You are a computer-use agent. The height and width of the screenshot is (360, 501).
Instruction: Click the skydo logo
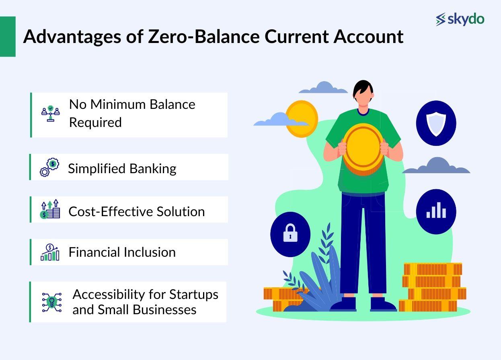[x=460, y=19]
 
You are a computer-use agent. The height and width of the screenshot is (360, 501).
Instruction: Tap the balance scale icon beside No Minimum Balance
[x=51, y=113]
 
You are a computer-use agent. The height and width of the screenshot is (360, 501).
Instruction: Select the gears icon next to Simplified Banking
[x=49, y=168]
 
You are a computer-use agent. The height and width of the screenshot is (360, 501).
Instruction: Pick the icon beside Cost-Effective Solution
[x=50, y=209]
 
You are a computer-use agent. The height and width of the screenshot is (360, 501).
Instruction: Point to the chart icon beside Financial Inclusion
[x=50, y=252]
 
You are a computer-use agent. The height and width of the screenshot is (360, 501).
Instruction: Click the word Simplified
[x=97, y=169]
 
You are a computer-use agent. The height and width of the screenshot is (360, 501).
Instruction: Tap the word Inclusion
[x=150, y=252]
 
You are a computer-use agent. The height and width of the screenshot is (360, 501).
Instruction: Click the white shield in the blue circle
[x=436, y=124]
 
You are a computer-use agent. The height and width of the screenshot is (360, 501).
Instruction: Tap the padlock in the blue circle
[x=290, y=233]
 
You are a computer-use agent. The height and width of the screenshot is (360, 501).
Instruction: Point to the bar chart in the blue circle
[x=436, y=210]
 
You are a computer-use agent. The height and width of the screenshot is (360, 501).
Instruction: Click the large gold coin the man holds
[x=363, y=149]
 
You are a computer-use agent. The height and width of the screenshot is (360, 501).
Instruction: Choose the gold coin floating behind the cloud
[x=302, y=119]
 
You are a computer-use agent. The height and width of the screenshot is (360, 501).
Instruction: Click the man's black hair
[x=363, y=89]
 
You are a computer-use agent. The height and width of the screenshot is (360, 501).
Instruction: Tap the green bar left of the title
[x=8, y=37]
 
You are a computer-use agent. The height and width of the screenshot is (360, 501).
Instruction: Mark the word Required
[x=95, y=123]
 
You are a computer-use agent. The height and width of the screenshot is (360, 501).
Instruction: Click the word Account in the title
[x=368, y=37]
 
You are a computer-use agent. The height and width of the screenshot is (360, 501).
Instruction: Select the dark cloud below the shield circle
[x=436, y=166]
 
